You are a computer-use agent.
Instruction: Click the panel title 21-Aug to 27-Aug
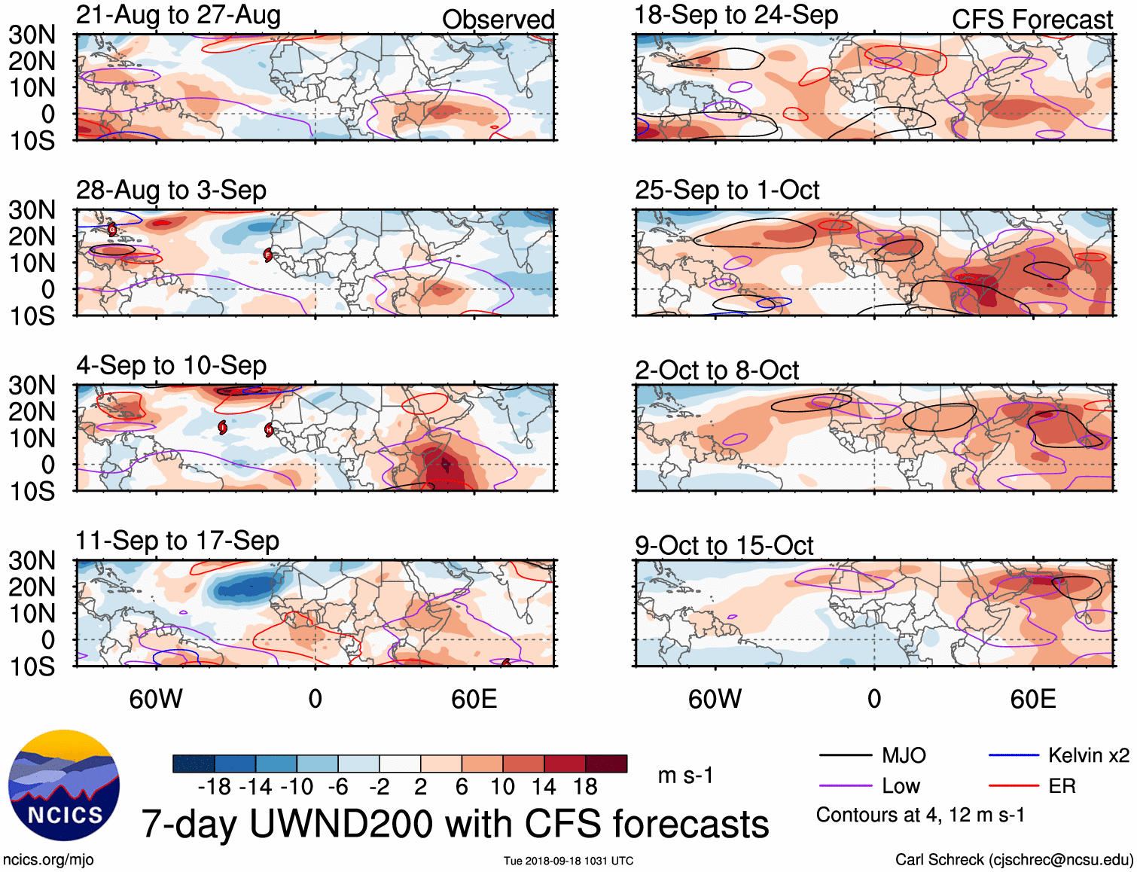(x=178, y=15)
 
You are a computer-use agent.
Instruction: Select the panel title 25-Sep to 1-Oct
(x=727, y=190)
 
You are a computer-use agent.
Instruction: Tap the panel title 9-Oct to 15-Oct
(x=724, y=545)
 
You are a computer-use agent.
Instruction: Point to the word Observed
(x=498, y=20)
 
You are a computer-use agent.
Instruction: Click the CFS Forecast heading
(x=1032, y=20)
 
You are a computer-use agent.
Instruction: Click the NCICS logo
(x=64, y=785)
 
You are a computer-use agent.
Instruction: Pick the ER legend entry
(x=1062, y=786)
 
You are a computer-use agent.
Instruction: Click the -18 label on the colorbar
(x=214, y=787)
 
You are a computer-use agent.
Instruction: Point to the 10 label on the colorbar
(x=502, y=787)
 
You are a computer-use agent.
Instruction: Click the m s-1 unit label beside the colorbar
(x=685, y=775)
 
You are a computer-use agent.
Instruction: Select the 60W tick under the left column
(x=156, y=699)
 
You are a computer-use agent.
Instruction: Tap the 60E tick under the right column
(x=1032, y=699)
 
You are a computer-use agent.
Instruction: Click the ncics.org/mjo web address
(x=48, y=860)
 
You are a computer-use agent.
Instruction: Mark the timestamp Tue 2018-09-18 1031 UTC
(x=568, y=861)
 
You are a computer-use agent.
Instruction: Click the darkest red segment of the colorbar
(x=606, y=764)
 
